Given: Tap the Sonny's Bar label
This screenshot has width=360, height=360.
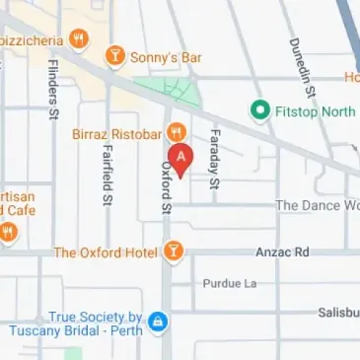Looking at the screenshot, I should [167, 58].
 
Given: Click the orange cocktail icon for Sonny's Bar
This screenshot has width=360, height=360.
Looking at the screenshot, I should [115, 56].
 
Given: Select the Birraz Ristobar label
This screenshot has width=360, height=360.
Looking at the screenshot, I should [115, 133].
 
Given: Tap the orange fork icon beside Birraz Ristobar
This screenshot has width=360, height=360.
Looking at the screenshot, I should [176, 131].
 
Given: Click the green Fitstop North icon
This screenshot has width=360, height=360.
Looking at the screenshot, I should [259, 109].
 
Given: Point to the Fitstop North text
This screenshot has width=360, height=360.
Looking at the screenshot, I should [314, 110].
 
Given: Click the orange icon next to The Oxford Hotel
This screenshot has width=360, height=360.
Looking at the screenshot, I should [174, 252].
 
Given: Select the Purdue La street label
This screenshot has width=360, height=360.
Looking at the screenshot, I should [229, 283].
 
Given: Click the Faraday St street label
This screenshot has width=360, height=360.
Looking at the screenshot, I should [215, 158].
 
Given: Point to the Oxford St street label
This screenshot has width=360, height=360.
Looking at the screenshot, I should [167, 188].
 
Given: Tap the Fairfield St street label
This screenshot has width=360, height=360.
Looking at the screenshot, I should [107, 178].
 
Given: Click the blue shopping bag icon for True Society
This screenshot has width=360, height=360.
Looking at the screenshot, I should [158, 322].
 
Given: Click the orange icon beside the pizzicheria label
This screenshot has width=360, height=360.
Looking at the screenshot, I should [79, 39].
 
